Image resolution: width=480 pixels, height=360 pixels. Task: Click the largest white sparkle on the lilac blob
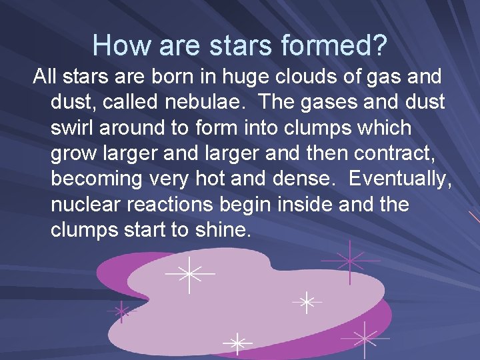190,273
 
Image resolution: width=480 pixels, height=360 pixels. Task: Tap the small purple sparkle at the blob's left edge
122,311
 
